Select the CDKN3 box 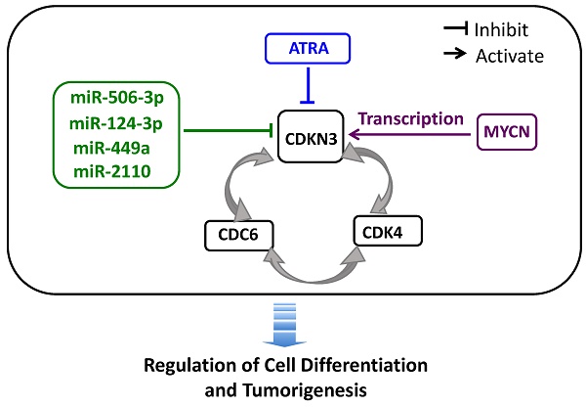(x=311, y=139)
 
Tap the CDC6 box (x=238, y=235)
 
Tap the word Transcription (x=411, y=119)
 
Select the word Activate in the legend (x=510, y=57)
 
